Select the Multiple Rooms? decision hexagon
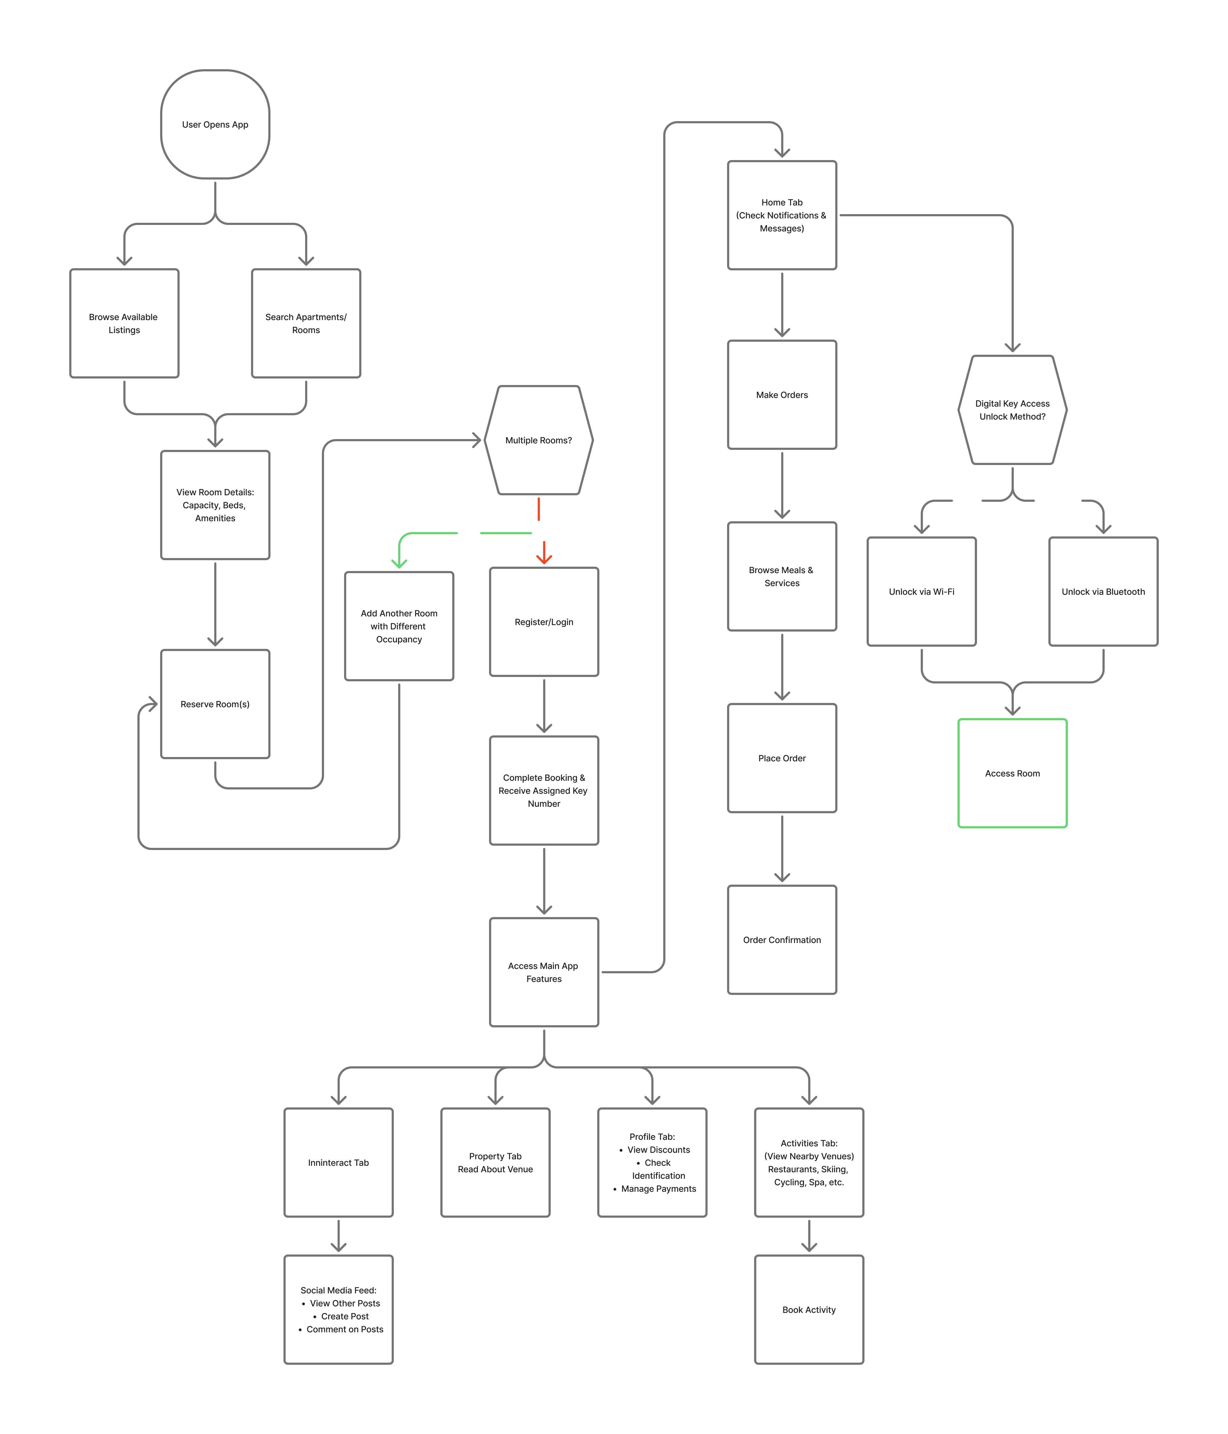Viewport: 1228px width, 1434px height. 539,440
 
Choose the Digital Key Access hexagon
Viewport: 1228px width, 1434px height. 1012,410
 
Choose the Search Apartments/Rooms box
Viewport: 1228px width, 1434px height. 306,323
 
